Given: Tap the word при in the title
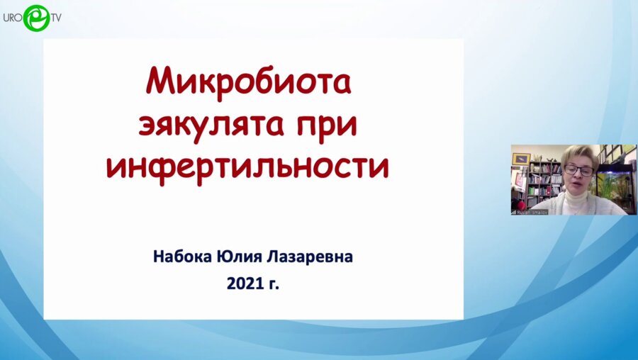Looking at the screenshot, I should click(x=323, y=125).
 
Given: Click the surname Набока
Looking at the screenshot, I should click(x=183, y=257).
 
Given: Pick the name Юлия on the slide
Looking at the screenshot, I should click(x=243, y=257).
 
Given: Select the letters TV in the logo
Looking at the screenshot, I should click(x=55, y=17).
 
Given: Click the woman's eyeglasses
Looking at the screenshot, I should click(x=578, y=170).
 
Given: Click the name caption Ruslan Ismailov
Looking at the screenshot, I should click(x=537, y=210).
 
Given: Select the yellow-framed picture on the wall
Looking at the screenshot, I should click(x=521, y=159).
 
